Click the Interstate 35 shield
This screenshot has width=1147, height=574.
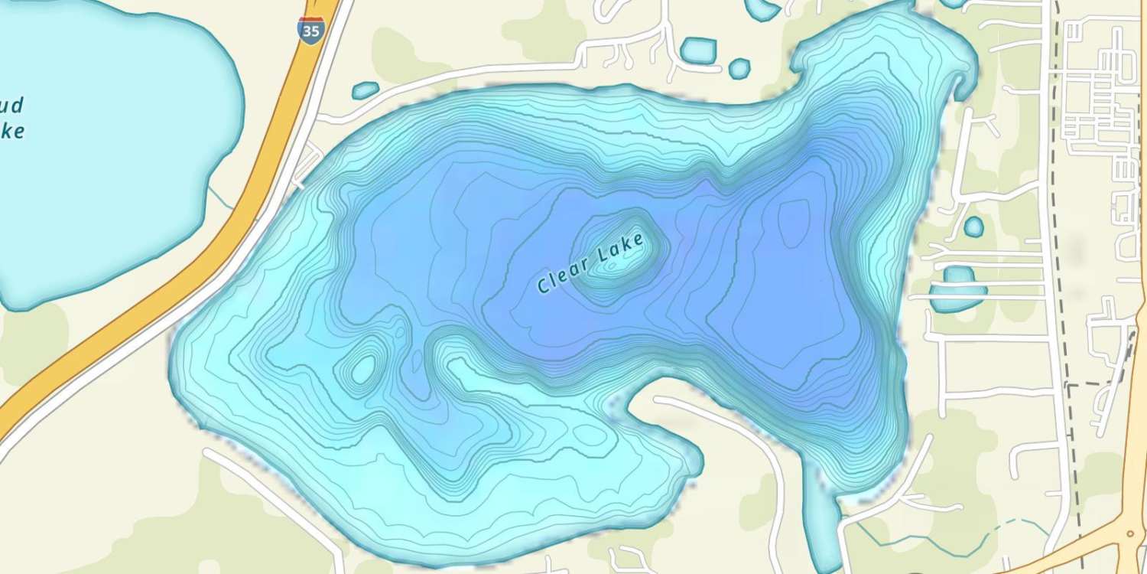pyautogui.click(x=310, y=30)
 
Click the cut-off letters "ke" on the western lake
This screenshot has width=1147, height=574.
pyautogui.click(x=12, y=131)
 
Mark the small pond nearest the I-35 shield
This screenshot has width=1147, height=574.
pyautogui.click(x=366, y=90)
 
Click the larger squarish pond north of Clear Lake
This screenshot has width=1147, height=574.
pyautogui.click(x=697, y=51)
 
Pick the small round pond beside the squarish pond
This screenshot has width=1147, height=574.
pyautogui.click(x=739, y=69)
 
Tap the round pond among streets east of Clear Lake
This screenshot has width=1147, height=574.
pyautogui.click(x=973, y=227)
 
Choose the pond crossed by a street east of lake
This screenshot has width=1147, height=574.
pyautogui.click(x=957, y=289)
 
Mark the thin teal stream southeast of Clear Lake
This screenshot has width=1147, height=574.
pyautogui.click(x=963, y=540)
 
